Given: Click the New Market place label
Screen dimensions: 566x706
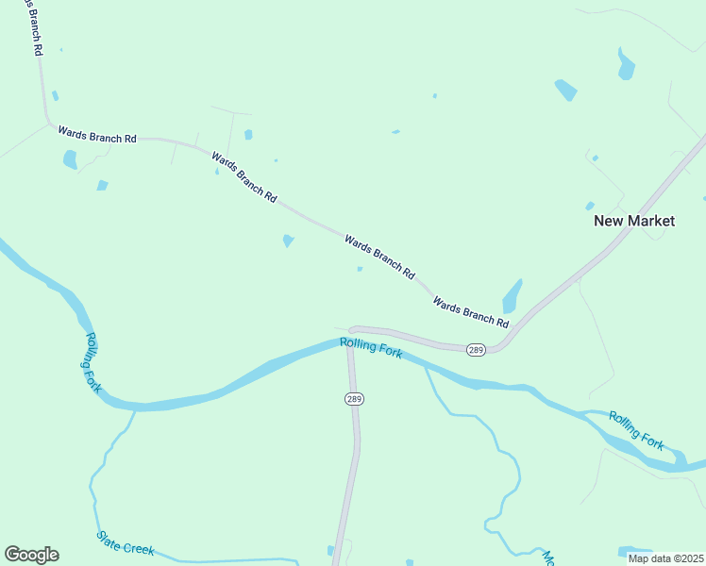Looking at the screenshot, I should (634, 221).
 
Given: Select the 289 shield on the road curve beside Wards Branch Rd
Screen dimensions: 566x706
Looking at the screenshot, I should (476, 350).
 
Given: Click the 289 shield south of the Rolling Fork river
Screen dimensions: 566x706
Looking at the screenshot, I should (354, 399).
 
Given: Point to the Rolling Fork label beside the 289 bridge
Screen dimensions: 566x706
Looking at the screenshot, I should (372, 347).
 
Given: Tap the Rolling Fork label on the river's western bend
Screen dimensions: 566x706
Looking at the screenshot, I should (92, 362).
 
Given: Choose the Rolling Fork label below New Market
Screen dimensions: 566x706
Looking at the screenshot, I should (636, 429).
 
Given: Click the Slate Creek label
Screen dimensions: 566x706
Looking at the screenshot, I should (125, 542).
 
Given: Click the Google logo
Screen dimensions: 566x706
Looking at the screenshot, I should (31, 555).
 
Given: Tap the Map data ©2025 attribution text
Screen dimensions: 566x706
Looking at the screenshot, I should (665, 558).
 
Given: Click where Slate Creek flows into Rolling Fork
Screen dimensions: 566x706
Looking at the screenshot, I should (135, 409).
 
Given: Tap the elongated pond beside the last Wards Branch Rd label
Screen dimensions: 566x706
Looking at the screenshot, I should (513, 295).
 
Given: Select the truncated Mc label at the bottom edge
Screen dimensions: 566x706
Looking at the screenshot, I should (546, 557).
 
